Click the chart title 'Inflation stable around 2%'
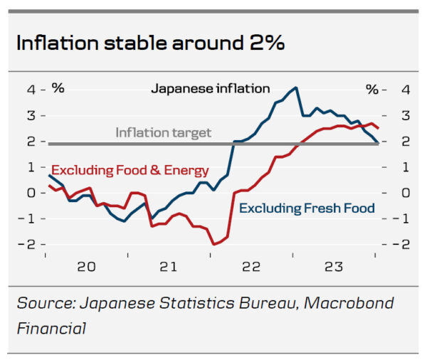(x=150, y=43)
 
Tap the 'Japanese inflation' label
(x=211, y=89)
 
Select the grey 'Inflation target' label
(x=164, y=132)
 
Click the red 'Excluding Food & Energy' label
(x=130, y=170)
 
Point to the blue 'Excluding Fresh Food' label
(x=307, y=208)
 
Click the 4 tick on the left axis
(x=31, y=90)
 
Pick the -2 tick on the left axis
(x=28, y=244)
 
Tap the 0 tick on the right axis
(x=404, y=193)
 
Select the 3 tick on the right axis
(x=404, y=115)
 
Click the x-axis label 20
(x=86, y=267)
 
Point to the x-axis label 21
(x=168, y=267)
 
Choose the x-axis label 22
(x=251, y=267)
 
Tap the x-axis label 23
(x=333, y=267)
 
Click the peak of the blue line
(x=295, y=88)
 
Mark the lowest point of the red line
(x=213, y=244)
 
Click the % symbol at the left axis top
(x=58, y=89)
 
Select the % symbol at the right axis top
(x=372, y=89)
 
